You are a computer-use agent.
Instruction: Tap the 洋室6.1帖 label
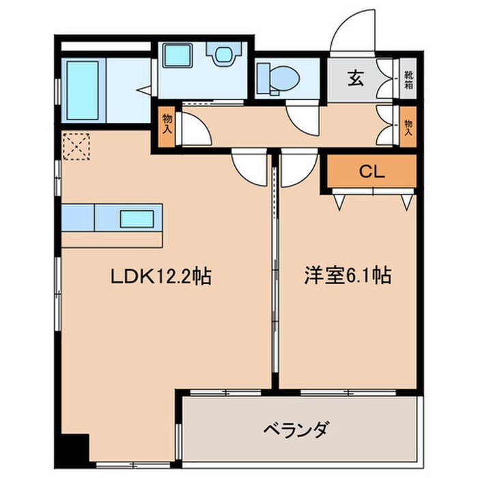point(347,277)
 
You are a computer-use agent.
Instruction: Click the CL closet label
point(373,172)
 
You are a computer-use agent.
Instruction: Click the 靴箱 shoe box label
point(408,80)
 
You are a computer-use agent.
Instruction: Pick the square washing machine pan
point(178,57)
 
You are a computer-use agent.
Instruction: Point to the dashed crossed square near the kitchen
point(76,146)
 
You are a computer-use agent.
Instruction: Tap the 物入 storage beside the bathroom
point(167,126)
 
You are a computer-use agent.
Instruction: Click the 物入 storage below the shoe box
point(408,126)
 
